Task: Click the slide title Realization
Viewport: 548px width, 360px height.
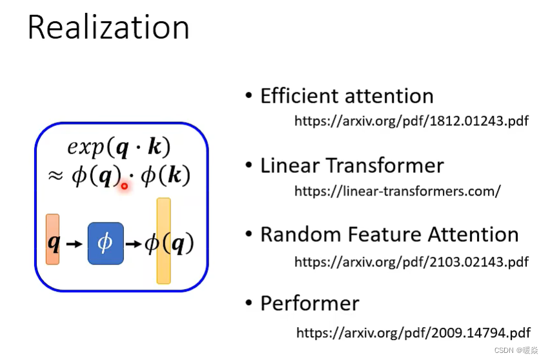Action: [108, 28]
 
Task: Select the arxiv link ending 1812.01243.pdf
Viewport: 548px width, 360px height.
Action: [411, 121]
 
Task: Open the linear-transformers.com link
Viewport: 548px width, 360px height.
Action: [397, 191]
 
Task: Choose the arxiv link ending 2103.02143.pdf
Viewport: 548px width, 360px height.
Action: [411, 261]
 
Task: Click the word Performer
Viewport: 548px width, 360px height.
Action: [310, 303]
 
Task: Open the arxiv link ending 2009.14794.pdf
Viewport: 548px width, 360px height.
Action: [413, 333]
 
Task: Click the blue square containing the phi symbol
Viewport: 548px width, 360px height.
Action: [105, 243]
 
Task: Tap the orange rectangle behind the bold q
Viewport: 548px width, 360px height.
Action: [52, 239]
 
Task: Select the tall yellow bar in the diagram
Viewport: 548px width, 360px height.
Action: [164, 241]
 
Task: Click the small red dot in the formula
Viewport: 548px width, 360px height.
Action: [124, 186]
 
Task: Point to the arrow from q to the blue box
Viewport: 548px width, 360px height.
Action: [74, 244]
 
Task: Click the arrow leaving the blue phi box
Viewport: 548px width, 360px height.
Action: [133, 244]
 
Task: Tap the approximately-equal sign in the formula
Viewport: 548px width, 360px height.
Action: [56, 176]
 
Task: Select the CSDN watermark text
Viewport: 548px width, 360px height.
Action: [512, 350]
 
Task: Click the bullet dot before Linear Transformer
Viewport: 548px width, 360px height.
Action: [249, 165]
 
